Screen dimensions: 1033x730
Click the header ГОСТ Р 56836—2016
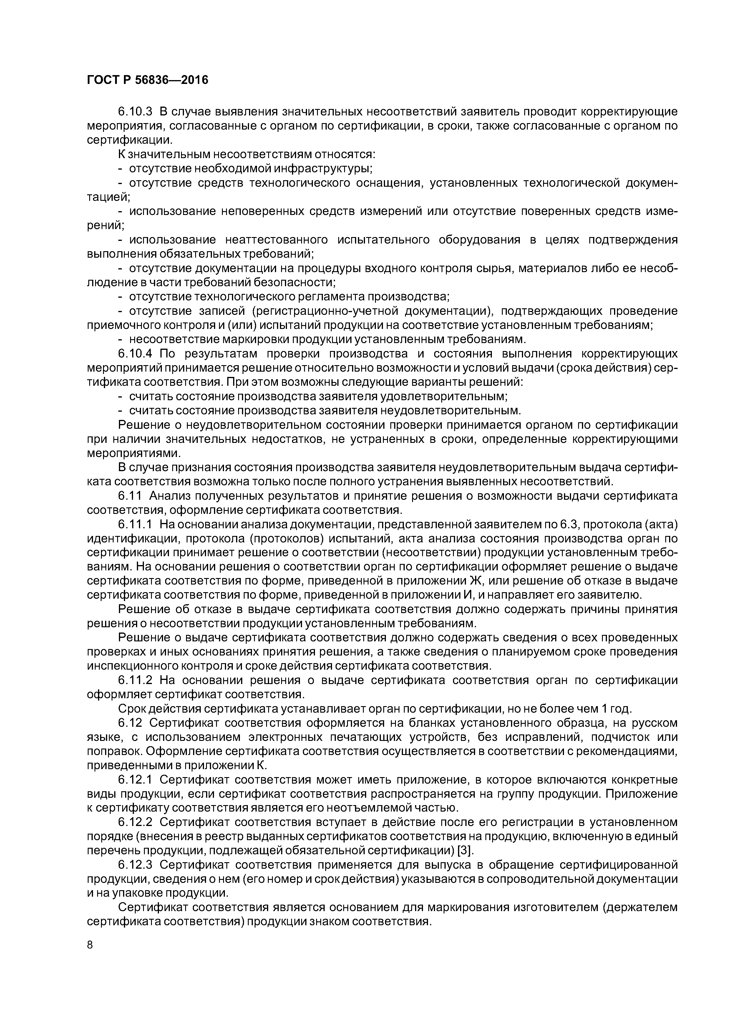[147, 80]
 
